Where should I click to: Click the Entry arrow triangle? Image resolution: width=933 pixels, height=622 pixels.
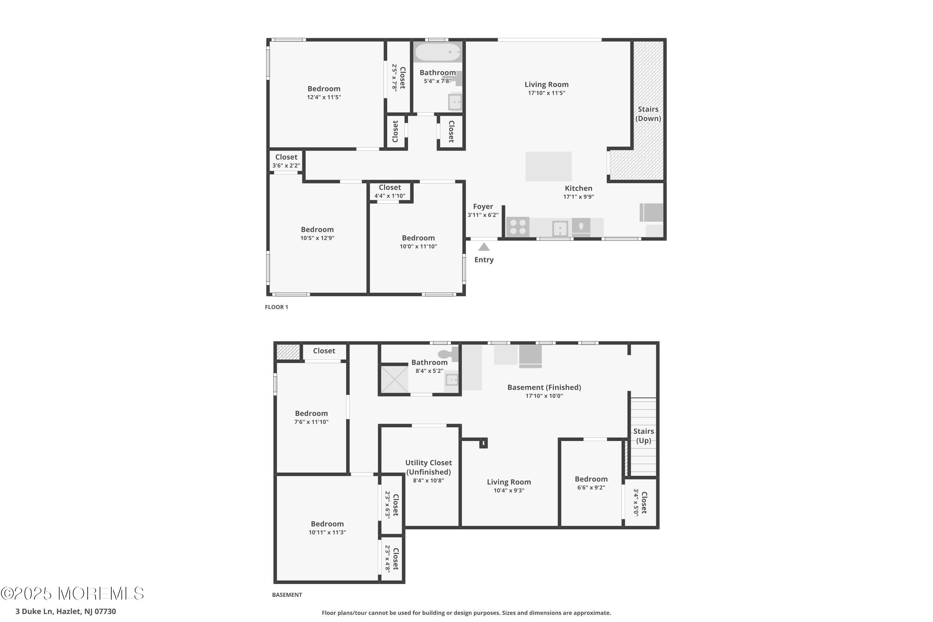(484, 247)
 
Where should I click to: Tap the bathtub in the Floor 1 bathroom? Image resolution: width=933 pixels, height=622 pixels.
(438, 52)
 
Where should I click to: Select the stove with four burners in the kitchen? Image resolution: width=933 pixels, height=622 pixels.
(518, 227)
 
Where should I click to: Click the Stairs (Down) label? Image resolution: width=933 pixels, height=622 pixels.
(648, 114)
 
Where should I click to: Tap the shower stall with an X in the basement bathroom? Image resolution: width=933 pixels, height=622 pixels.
(394, 379)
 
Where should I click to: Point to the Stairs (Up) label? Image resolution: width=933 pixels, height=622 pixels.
(643, 436)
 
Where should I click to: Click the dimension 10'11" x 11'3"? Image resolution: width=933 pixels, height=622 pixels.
(327, 532)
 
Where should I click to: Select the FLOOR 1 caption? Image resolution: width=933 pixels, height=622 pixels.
(276, 307)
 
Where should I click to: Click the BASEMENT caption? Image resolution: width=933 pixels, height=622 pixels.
(287, 595)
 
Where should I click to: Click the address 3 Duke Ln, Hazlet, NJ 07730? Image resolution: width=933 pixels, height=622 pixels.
(66, 611)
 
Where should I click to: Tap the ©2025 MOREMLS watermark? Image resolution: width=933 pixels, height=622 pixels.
(72, 593)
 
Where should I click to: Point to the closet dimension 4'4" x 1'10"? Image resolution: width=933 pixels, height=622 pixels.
(390, 196)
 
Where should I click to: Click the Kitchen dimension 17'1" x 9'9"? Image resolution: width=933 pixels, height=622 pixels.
(578, 197)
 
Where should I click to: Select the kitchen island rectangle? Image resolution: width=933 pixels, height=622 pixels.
(548, 166)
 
